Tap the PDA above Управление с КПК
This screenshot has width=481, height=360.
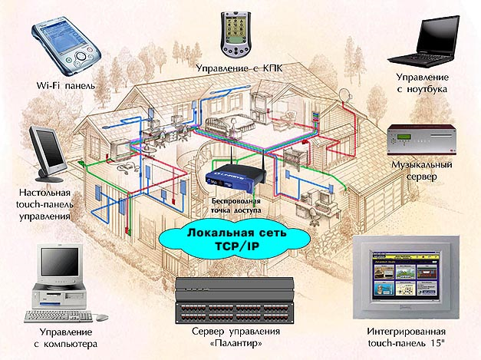pyautogui.click(x=236, y=35)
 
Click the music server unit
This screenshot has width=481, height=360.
pyautogui.click(x=422, y=140)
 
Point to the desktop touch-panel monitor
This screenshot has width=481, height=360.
pyautogui.click(x=47, y=154)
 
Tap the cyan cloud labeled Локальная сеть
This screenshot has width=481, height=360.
pyautogui.click(x=235, y=241)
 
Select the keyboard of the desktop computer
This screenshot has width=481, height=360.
pyautogui.click(x=58, y=316)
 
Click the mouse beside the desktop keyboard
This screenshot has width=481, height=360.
pyautogui.click(x=102, y=317)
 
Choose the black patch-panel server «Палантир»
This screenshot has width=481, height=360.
pyautogui.click(x=235, y=300)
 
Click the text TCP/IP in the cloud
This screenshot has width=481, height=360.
pyautogui.click(x=237, y=246)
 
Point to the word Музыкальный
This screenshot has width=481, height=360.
pyautogui.click(x=422, y=164)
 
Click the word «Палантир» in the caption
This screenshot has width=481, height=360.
pyautogui.click(x=236, y=343)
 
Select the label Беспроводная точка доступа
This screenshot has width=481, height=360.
pyautogui.click(x=236, y=206)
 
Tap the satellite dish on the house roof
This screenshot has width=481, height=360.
pyautogui.click(x=346, y=95)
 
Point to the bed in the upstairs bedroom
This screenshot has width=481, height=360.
pyautogui.click(x=230, y=124)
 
